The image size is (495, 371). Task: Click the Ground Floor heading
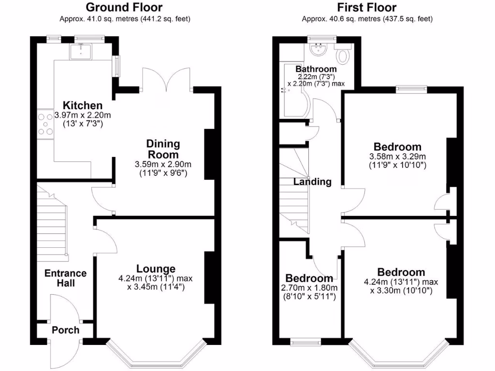(124, 7)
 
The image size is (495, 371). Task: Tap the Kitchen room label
(83, 105)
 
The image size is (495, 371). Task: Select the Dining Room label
(163, 149)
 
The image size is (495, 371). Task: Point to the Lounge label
(156, 269)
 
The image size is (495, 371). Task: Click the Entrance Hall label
(65, 278)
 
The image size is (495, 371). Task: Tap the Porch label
(65, 330)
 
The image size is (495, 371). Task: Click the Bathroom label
(316, 69)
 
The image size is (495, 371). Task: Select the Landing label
(313, 182)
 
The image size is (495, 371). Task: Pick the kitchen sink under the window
(80, 52)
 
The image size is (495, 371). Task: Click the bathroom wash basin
(319, 49)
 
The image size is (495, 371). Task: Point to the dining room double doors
(165, 80)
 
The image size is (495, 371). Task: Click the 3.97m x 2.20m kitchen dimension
(83, 115)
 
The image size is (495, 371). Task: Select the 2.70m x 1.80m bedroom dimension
(309, 288)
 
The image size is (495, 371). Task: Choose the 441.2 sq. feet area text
(164, 19)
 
